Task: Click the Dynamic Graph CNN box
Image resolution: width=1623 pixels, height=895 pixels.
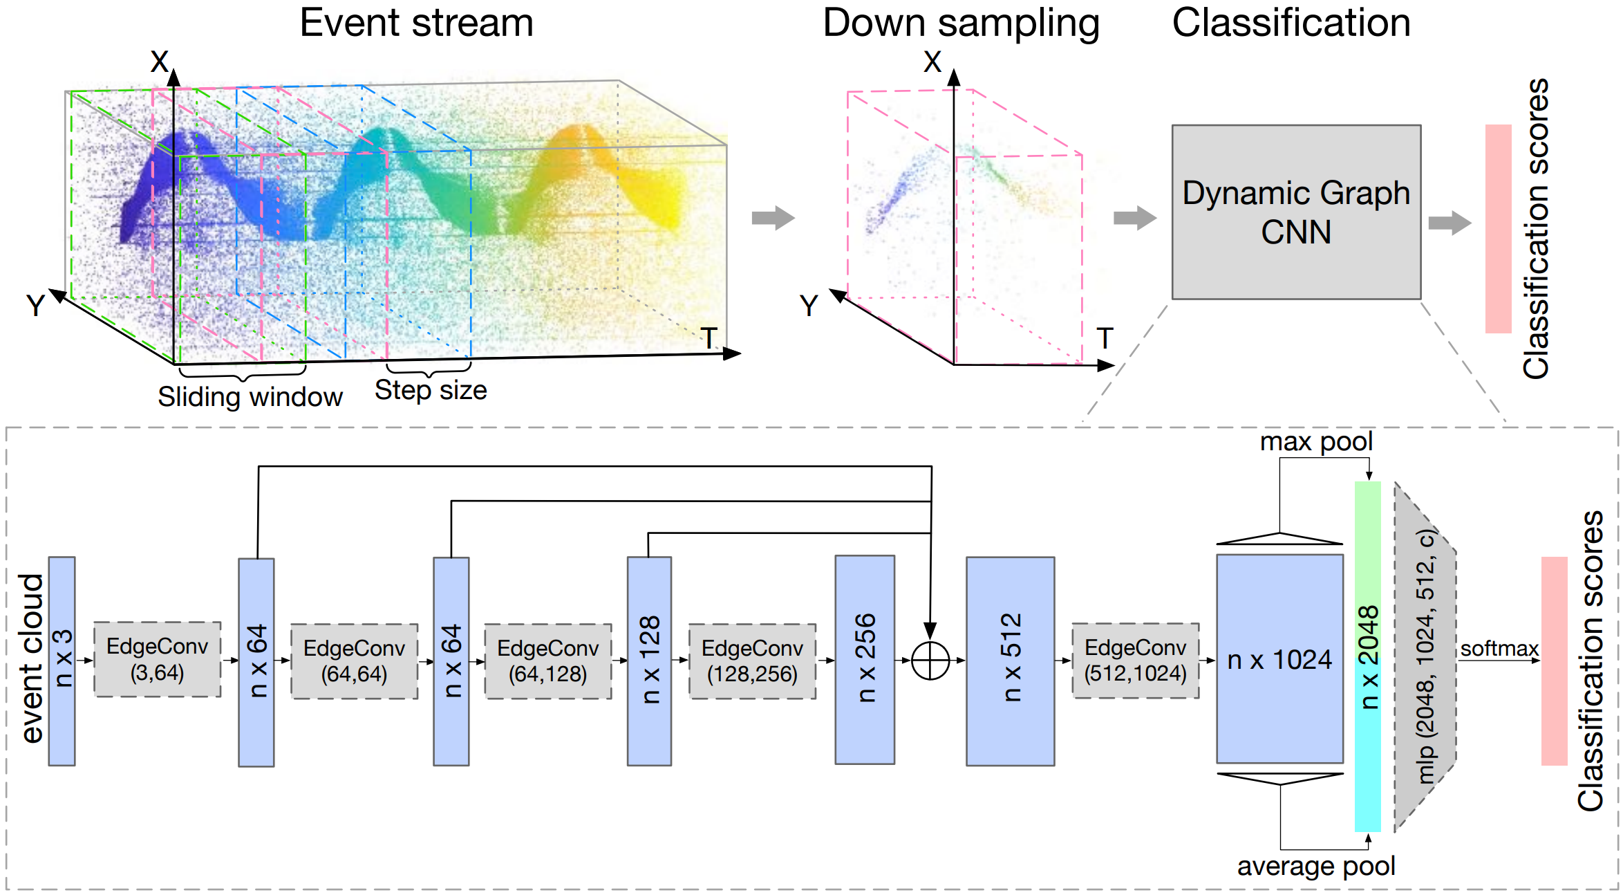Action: [x=1296, y=212]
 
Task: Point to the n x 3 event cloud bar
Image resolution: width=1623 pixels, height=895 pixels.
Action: [x=62, y=661]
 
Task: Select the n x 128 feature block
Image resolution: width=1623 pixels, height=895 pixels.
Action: [x=649, y=661]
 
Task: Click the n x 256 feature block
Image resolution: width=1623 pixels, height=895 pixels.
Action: [x=865, y=659]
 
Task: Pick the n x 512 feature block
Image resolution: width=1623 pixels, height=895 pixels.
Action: [x=1010, y=661]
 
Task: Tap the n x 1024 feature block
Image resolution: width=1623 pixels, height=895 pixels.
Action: [x=1279, y=659]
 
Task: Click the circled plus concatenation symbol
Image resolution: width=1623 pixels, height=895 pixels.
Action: [x=930, y=661]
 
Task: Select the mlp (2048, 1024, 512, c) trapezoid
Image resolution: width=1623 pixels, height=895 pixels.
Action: [x=1425, y=657]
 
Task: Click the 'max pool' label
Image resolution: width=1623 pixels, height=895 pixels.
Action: [x=1316, y=442]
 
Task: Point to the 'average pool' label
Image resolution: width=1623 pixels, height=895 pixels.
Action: [x=1316, y=866]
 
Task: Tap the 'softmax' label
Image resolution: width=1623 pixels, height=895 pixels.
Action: [x=1499, y=649]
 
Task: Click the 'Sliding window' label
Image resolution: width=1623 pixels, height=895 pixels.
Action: [x=250, y=397]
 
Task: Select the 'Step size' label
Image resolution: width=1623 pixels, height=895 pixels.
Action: [x=431, y=390]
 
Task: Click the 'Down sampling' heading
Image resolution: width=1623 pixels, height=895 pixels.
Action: [x=961, y=23]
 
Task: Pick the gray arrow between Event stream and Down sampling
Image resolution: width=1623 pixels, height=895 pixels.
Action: [x=773, y=218]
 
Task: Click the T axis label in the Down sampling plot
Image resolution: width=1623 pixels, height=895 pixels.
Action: [x=1105, y=339]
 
